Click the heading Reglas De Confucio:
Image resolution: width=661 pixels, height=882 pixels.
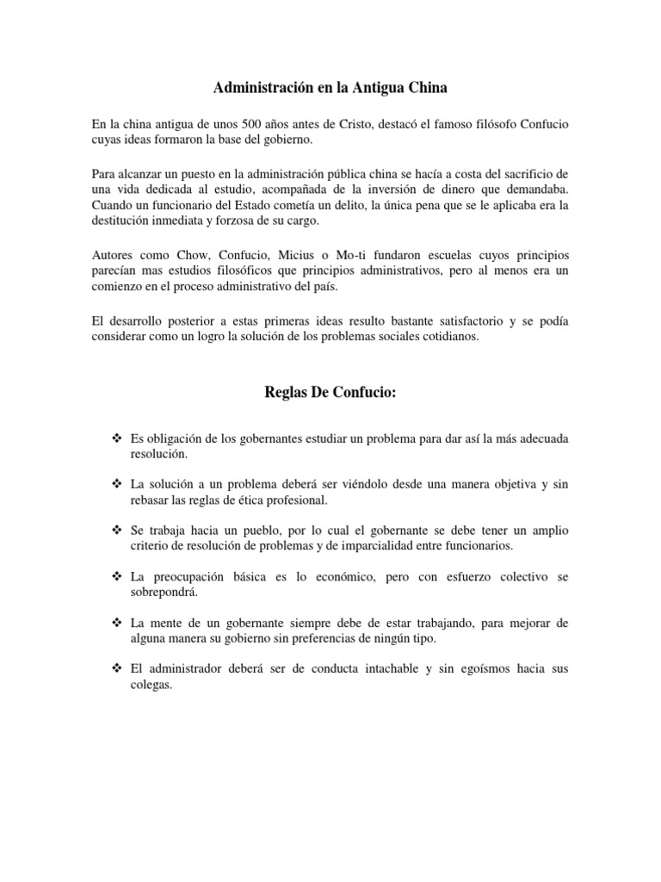pos(330,394)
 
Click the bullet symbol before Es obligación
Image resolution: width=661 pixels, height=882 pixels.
pos(115,438)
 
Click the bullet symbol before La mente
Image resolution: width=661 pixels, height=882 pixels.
pos(115,621)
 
